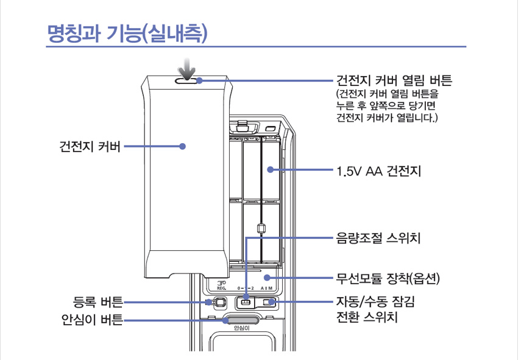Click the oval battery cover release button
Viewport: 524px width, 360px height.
click(188, 80)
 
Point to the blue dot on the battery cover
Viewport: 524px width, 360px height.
click(182, 146)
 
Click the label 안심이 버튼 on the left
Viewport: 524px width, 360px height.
click(91, 319)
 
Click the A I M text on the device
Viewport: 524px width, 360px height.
click(267, 288)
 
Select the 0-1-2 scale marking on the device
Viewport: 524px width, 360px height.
click(244, 288)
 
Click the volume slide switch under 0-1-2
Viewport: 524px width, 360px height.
click(246, 302)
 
